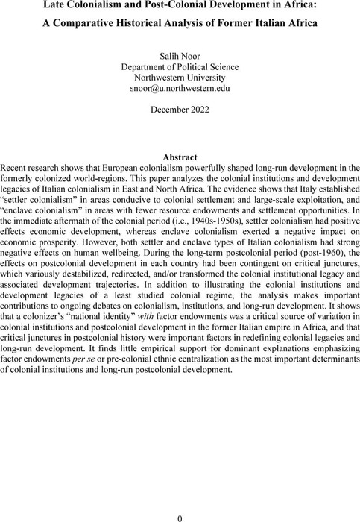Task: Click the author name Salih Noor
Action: tap(180, 54)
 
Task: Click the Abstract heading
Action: tap(180, 157)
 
